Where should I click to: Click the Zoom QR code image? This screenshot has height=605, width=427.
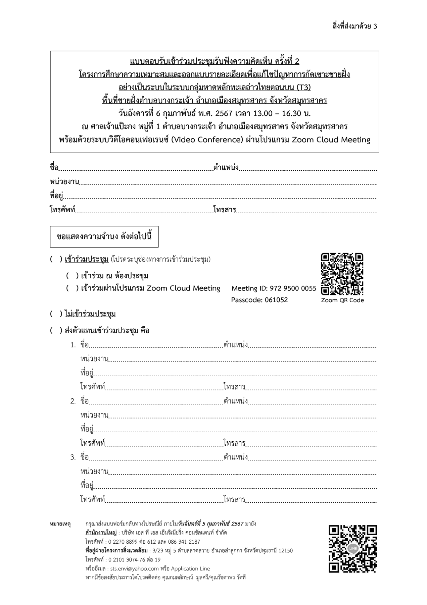[342, 274]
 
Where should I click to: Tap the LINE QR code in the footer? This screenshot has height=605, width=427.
[353, 549]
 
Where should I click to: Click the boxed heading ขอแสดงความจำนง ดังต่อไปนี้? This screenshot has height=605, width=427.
[104, 236]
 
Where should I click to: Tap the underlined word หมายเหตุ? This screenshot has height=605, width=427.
[60, 524]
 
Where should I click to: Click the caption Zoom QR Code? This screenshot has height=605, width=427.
[342, 300]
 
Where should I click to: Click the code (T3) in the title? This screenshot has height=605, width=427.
[303, 88]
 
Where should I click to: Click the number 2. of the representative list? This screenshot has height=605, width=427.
[73, 401]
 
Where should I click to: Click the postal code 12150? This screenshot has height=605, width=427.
[285, 551]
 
